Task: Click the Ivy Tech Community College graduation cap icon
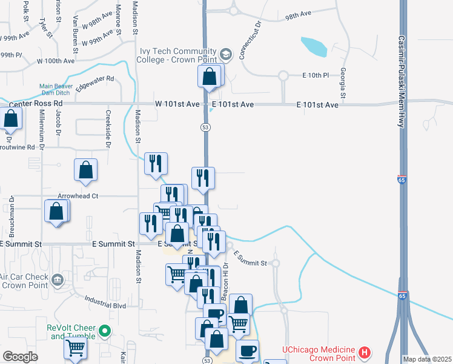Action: coord(226,55)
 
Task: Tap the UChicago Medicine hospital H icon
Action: coord(364,352)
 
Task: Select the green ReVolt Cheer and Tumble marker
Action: coord(105,331)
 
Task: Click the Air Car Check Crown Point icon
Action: coord(58,280)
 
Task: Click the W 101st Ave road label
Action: coord(177,104)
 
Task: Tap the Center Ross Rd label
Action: coord(36,104)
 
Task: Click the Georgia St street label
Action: coord(343,83)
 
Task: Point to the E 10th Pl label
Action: coord(315,75)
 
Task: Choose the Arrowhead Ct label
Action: coord(78,196)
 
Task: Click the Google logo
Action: coord(20,357)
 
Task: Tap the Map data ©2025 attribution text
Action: coord(427,359)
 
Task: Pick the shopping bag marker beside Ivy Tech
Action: coord(209,77)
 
